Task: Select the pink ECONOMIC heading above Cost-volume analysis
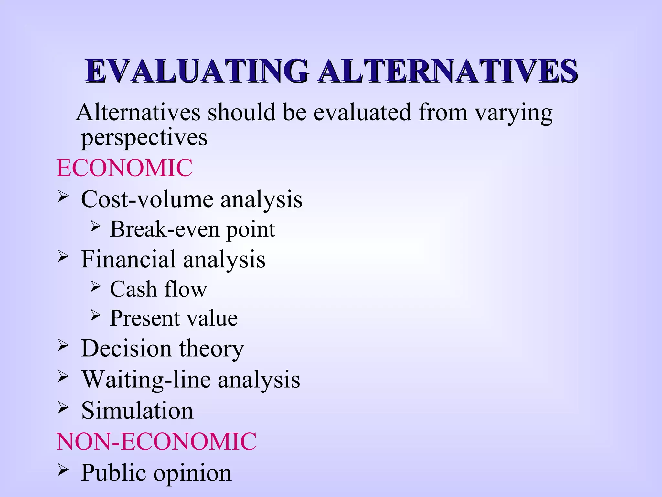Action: (x=124, y=168)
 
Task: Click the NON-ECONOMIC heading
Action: (x=156, y=441)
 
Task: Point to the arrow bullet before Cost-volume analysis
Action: (x=63, y=196)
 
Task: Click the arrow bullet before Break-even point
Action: (x=95, y=226)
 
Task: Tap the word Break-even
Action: (x=165, y=229)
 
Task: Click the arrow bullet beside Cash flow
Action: (x=95, y=286)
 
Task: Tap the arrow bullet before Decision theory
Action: (x=63, y=346)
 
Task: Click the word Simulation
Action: (x=137, y=410)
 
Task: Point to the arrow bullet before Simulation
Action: (x=63, y=408)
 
